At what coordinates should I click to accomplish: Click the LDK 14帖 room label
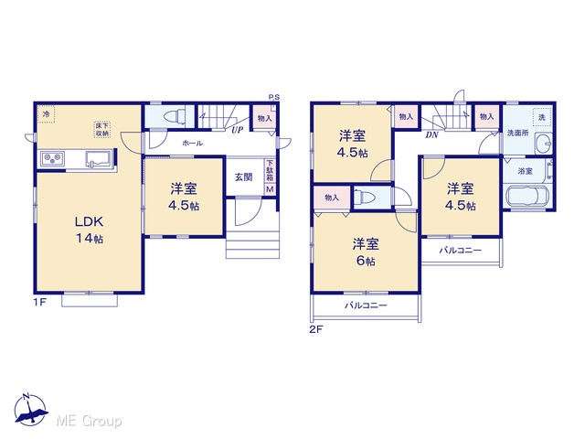point(90,230)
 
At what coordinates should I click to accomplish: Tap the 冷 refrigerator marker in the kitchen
point(46,113)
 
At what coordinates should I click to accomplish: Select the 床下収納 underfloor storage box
point(101,130)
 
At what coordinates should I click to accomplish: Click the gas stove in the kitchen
point(53,158)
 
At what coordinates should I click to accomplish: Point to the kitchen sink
point(99,158)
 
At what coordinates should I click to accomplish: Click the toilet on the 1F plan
point(175,115)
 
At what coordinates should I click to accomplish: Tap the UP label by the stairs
point(237,130)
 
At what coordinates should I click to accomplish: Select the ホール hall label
point(193,143)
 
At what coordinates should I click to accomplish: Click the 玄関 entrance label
point(244,177)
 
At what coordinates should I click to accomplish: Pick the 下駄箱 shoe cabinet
point(270,171)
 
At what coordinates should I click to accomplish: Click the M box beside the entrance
point(270,189)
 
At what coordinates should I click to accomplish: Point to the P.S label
point(274,98)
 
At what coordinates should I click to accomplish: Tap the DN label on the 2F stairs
point(431,135)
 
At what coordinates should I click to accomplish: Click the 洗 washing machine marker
point(542,117)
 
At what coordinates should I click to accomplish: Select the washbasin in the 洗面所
point(543,143)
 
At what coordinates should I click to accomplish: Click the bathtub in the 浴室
point(526,196)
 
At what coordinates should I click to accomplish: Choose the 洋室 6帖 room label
point(366,252)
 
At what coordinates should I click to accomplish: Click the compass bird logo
point(31,410)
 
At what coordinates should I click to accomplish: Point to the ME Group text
point(89,422)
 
